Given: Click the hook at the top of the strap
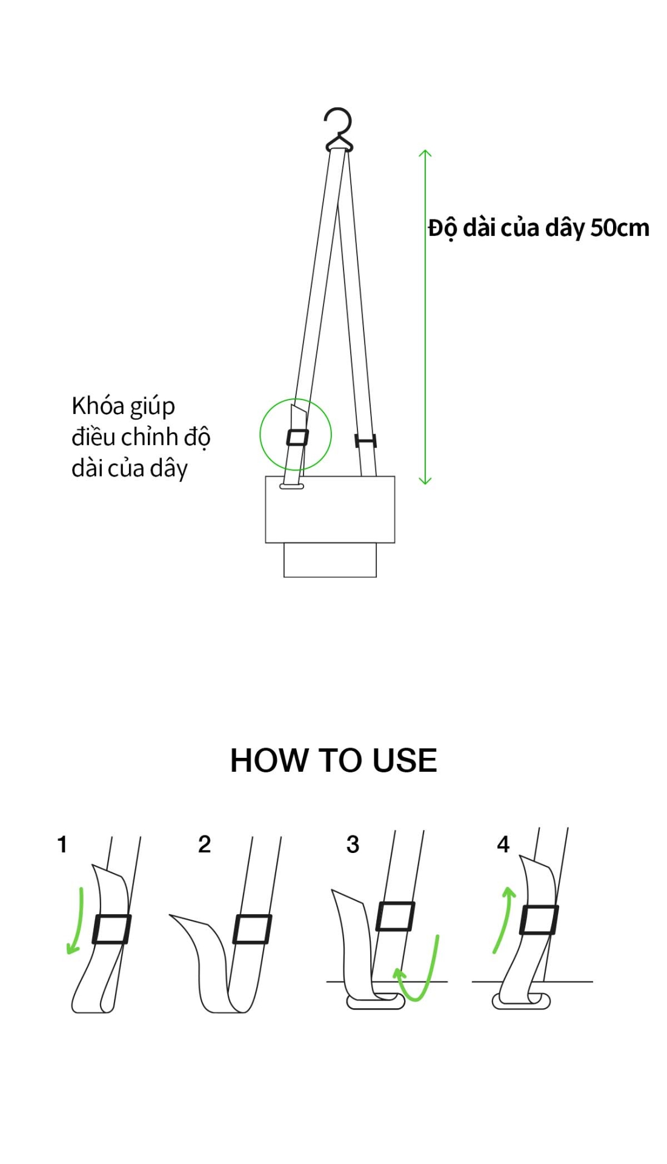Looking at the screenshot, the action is coord(338,129).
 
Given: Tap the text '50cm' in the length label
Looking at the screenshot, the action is coord(620,228).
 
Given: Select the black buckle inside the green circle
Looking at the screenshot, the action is coord(297,437).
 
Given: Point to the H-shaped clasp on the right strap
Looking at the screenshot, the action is coord(365,441).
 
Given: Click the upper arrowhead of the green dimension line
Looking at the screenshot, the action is coord(425,154).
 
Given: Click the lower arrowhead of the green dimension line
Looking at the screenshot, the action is coord(425,480).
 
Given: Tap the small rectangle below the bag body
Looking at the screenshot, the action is coord(330,560).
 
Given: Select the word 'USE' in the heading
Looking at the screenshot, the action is coord(405,760).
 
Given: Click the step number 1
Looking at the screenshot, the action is coord(62,845).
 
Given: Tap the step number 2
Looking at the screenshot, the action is coord(205,844).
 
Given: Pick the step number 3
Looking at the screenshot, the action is coord(353,845).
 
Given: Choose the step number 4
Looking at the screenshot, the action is coord(503,844).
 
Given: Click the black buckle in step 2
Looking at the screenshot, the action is coord(252,929).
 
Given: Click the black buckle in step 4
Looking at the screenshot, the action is coord(539,920).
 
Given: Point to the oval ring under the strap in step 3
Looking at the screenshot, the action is coord(376,1003).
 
